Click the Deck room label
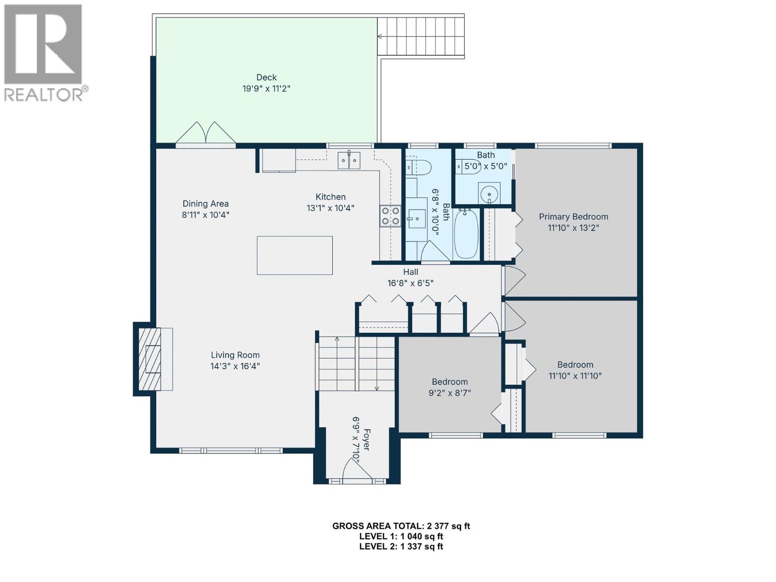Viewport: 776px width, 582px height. click(x=266, y=78)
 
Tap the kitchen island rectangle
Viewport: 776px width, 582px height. click(x=294, y=256)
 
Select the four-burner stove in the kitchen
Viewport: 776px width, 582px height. click(x=390, y=216)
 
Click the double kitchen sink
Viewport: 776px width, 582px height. click(x=349, y=160)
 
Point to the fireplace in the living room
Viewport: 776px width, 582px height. click(x=150, y=359)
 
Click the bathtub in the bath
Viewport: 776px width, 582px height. click(x=466, y=234)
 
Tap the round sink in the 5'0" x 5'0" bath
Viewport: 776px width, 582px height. click(x=489, y=194)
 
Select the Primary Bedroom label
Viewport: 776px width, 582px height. click(x=573, y=217)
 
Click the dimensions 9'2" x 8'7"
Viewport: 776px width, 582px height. click(x=450, y=393)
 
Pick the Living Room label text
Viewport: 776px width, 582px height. click(x=235, y=355)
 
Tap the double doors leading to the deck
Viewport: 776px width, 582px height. click(x=206, y=133)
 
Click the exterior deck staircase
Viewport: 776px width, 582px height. click(x=421, y=36)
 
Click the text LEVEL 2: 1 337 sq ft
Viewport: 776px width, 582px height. click(x=401, y=547)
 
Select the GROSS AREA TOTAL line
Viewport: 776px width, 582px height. click(x=401, y=526)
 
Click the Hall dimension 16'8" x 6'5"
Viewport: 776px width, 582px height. click(x=410, y=283)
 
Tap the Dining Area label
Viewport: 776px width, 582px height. click(x=206, y=204)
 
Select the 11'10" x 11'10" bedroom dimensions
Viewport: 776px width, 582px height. click(x=575, y=376)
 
